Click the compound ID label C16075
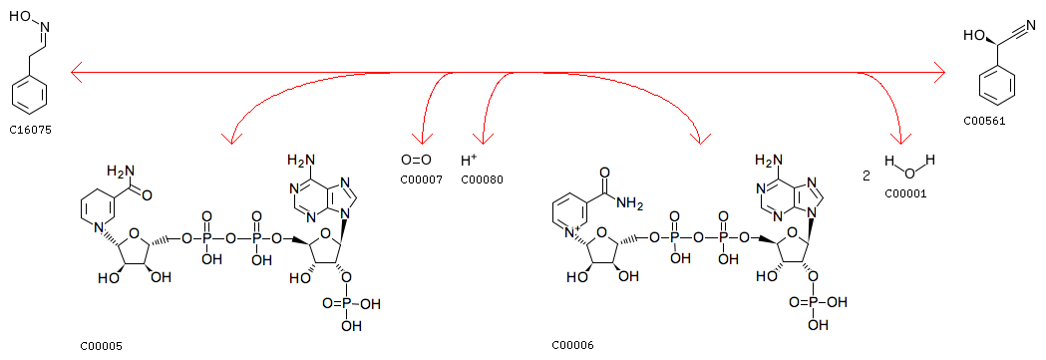click(x=30, y=131)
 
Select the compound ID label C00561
click(x=984, y=122)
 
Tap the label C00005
click(x=102, y=346)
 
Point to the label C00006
click(x=572, y=345)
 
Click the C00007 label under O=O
click(x=421, y=180)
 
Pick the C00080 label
click(x=482, y=180)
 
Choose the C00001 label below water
click(x=906, y=194)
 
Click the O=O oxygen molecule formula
click(x=416, y=160)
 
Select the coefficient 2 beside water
click(x=866, y=176)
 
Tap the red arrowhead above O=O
click(x=421, y=139)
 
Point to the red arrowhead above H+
click(x=483, y=139)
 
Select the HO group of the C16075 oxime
click(x=19, y=15)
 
